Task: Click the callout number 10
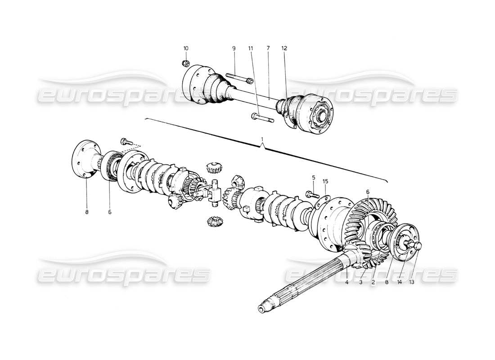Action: coord(186,48)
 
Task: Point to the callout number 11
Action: coord(250,48)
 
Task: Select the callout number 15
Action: coord(325,181)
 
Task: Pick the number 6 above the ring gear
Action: coord(368,192)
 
